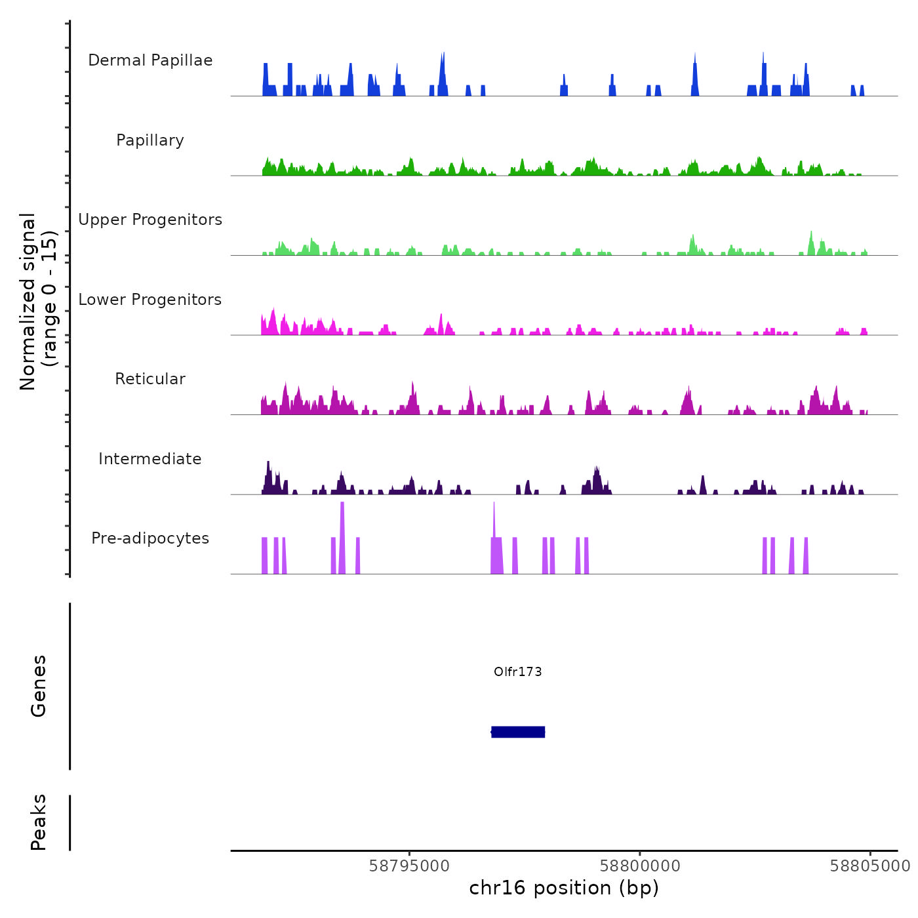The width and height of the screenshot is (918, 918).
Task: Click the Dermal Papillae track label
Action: click(150, 60)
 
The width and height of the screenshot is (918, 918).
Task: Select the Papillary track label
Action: click(150, 140)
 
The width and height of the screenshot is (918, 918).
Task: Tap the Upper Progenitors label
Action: click(150, 220)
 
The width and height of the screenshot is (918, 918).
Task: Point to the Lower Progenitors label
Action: click(150, 300)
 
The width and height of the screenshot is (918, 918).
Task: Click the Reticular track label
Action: click(150, 379)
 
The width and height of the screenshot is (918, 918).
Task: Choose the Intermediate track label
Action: click(150, 459)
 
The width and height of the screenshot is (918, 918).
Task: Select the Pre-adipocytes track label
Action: click(150, 538)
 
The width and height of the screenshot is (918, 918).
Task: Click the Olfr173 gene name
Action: click(518, 671)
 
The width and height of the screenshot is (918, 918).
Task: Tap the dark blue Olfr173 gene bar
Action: click(518, 732)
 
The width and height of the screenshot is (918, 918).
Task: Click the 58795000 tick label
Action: click(409, 866)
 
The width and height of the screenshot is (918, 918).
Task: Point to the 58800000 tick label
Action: click(640, 866)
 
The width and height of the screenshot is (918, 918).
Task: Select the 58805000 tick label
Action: click(870, 866)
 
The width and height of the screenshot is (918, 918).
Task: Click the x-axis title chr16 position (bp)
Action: click(564, 888)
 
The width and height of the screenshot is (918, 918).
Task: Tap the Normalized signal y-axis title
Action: click(38, 302)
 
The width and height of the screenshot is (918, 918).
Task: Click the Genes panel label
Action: click(39, 686)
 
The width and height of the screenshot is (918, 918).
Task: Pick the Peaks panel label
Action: click(39, 822)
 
